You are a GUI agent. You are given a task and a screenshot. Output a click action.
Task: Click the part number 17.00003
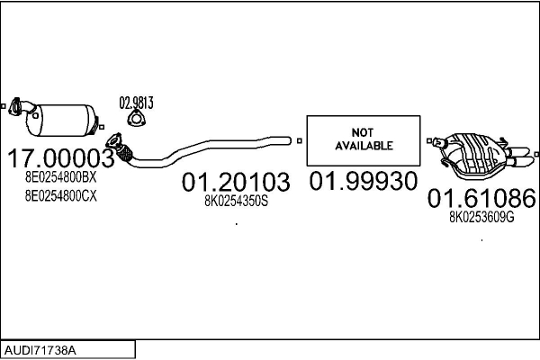pyautogui.click(x=61, y=160)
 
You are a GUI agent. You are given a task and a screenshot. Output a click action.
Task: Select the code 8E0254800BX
pyautogui.click(x=60, y=179)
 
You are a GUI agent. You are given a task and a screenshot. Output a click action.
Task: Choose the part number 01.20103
pyautogui.click(x=236, y=183)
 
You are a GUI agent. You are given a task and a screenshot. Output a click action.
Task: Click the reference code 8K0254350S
pyautogui.click(x=236, y=202)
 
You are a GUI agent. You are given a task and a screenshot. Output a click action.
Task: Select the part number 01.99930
pyautogui.click(x=364, y=182)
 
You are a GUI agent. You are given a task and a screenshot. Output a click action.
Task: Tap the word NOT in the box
pyautogui.click(x=364, y=131)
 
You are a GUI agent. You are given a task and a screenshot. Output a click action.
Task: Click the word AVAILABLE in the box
pyautogui.click(x=364, y=145)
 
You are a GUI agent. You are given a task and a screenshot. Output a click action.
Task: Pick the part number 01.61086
pyautogui.click(x=481, y=198)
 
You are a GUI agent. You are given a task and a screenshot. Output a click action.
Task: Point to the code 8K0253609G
pyautogui.click(x=481, y=217)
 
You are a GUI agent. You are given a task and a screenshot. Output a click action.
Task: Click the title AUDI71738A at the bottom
pyautogui.click(x=40, y=347)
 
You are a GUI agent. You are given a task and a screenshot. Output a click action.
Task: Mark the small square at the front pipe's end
pyautogui.click(x=299, y=139)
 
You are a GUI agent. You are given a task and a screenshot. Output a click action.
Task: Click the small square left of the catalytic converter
pyautogui.click(x=4, y=106)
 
